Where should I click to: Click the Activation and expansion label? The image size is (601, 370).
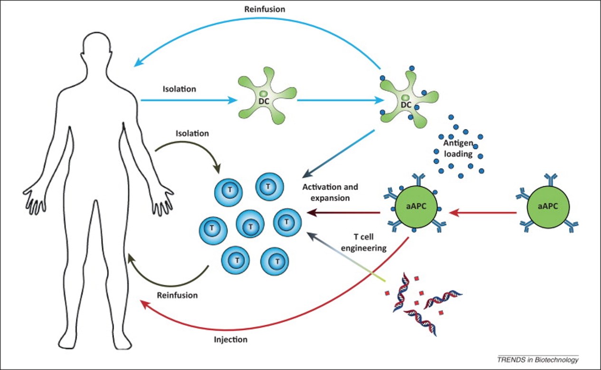click(330, 192)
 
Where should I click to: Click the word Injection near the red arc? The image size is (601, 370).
click(230, 340)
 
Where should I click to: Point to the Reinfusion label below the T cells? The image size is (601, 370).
click(177, 295)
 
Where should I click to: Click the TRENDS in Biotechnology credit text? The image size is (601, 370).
click(538, 360)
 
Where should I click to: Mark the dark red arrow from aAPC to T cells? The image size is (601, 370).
click(344, 213)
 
